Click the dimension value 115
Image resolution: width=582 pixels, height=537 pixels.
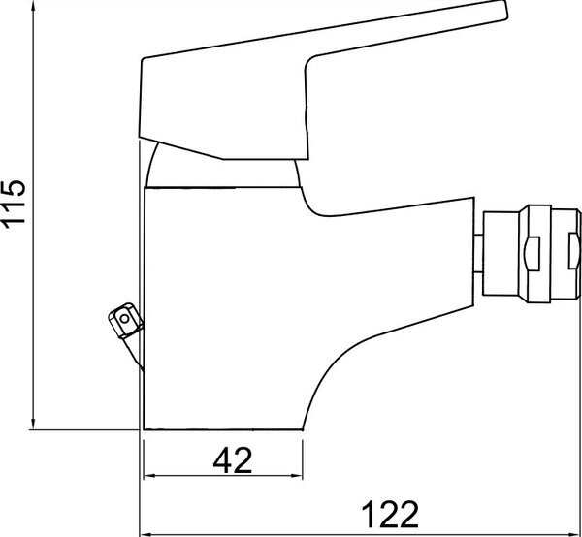[14, 202]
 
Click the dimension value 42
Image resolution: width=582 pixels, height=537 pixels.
[233, 459]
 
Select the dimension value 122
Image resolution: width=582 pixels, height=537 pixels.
[390, 514]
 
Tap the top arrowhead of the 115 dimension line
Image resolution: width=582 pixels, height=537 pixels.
[33, 7]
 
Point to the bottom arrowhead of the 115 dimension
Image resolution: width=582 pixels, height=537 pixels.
[33, 423]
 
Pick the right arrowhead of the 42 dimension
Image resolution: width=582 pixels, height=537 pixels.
[297, 476]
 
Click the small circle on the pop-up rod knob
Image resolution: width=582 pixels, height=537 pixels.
[125, 318]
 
